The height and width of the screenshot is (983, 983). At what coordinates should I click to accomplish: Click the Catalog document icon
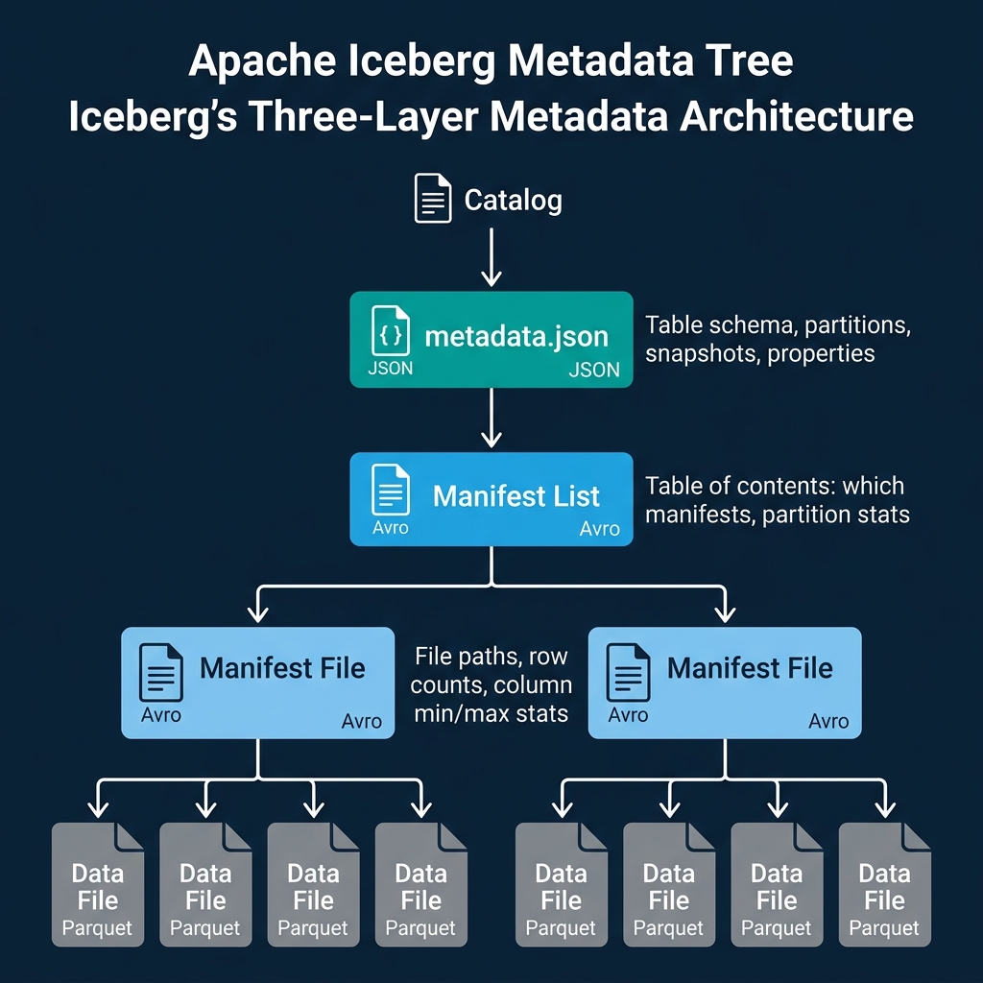[x=433, y=199]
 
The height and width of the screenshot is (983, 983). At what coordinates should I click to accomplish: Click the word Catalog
[x=513, y=200]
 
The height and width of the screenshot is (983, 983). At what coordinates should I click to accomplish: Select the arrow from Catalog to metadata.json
[x=491, y=258]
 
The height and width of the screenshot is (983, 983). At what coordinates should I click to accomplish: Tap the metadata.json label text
[x=516, y=337]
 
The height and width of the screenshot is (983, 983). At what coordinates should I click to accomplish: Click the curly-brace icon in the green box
[x=390, y=332]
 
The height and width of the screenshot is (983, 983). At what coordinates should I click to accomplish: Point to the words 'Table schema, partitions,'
[x=778, y=324]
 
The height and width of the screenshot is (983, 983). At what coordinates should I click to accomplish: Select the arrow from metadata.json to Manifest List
[x=491, y=420]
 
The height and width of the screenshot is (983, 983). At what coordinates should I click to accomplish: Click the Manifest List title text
[x=516, y=496]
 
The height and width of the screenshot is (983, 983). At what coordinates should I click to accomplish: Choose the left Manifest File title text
[x=282, y=668]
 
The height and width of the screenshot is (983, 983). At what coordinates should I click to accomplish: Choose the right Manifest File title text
[x=750, y=668]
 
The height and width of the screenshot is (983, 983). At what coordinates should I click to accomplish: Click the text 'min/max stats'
[x=492, y=713]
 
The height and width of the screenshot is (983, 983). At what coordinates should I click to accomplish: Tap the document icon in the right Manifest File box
[x=628, y=672]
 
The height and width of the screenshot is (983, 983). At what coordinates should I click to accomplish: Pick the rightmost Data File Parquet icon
[x=884, y=883]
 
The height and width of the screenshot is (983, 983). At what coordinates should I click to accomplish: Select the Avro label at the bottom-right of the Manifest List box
[x=600, y=529]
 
